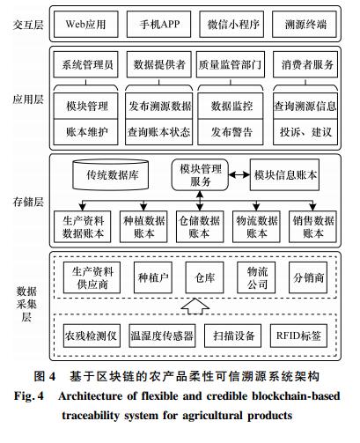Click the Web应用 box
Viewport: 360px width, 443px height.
click(86, 25)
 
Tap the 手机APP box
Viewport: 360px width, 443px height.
click(158, 25)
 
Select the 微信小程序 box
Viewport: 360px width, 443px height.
click(231, 25)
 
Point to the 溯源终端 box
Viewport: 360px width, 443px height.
click(305, 25)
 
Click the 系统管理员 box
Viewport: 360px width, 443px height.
click(85, 64)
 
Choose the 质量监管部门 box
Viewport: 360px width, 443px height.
click(231, 64)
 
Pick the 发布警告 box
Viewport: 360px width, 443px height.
click(231, 132)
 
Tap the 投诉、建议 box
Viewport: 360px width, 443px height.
click(305, 132)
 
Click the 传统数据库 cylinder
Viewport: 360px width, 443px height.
click(111, 174)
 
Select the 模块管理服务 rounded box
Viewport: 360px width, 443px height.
click(200, 175)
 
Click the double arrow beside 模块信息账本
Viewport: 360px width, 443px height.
click(239, 175)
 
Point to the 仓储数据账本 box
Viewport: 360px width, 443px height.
click(200, 226)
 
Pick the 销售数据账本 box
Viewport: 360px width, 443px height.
click(312, 226)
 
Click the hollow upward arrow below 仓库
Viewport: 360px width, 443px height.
click(195, 306)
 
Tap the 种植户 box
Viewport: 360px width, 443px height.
click(153, 277)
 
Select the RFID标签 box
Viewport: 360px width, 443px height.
click(298, 336)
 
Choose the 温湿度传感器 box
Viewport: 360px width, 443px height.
click(162, 336)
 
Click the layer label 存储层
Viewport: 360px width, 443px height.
click(28, 202)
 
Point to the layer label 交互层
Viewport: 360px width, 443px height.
click(28, 25)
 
